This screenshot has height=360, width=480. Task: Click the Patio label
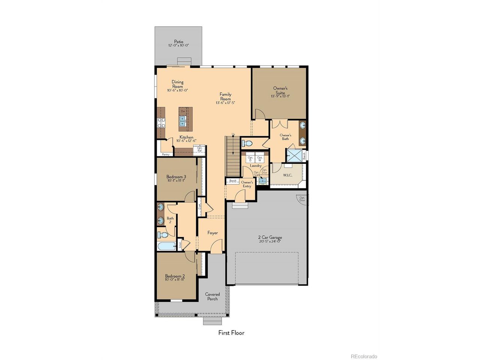pos(178,42)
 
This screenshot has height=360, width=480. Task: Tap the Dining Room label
pos(178,84)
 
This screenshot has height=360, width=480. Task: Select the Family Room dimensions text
pos(225,103)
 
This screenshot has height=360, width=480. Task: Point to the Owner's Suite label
pos(280,90)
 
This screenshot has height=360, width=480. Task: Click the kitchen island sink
pos(183,120)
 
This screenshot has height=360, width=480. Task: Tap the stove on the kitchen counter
pos(161,123)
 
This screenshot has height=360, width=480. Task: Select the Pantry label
pos(165,154)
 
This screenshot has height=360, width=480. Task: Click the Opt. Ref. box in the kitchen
pos(199,150)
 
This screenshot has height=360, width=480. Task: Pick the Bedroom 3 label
pos(176,177)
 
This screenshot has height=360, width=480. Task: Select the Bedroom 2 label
pos(175,276)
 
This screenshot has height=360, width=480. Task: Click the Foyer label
pos(213,233)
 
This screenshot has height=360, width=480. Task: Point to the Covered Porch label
pos(212,296)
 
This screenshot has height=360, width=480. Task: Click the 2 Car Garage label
pos(270,237)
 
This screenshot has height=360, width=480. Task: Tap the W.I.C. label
pos(288,175)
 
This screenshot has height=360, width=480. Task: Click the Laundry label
pos(256,166)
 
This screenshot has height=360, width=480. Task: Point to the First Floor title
pos(231,333)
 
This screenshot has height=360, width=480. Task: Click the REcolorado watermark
pos(364,356)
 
